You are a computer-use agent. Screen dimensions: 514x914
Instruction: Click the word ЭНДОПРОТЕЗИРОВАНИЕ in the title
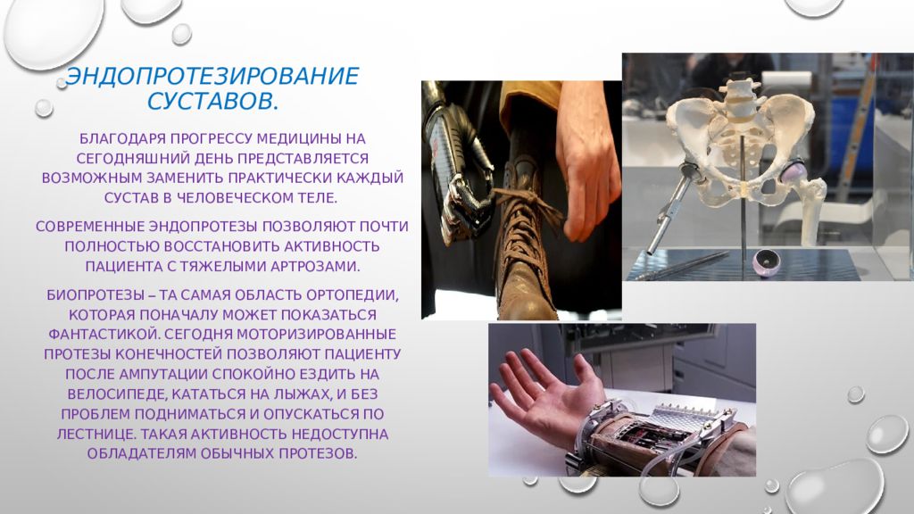(x=212, y=76)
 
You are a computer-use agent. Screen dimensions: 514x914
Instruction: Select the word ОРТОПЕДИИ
(x=355, y=294)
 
